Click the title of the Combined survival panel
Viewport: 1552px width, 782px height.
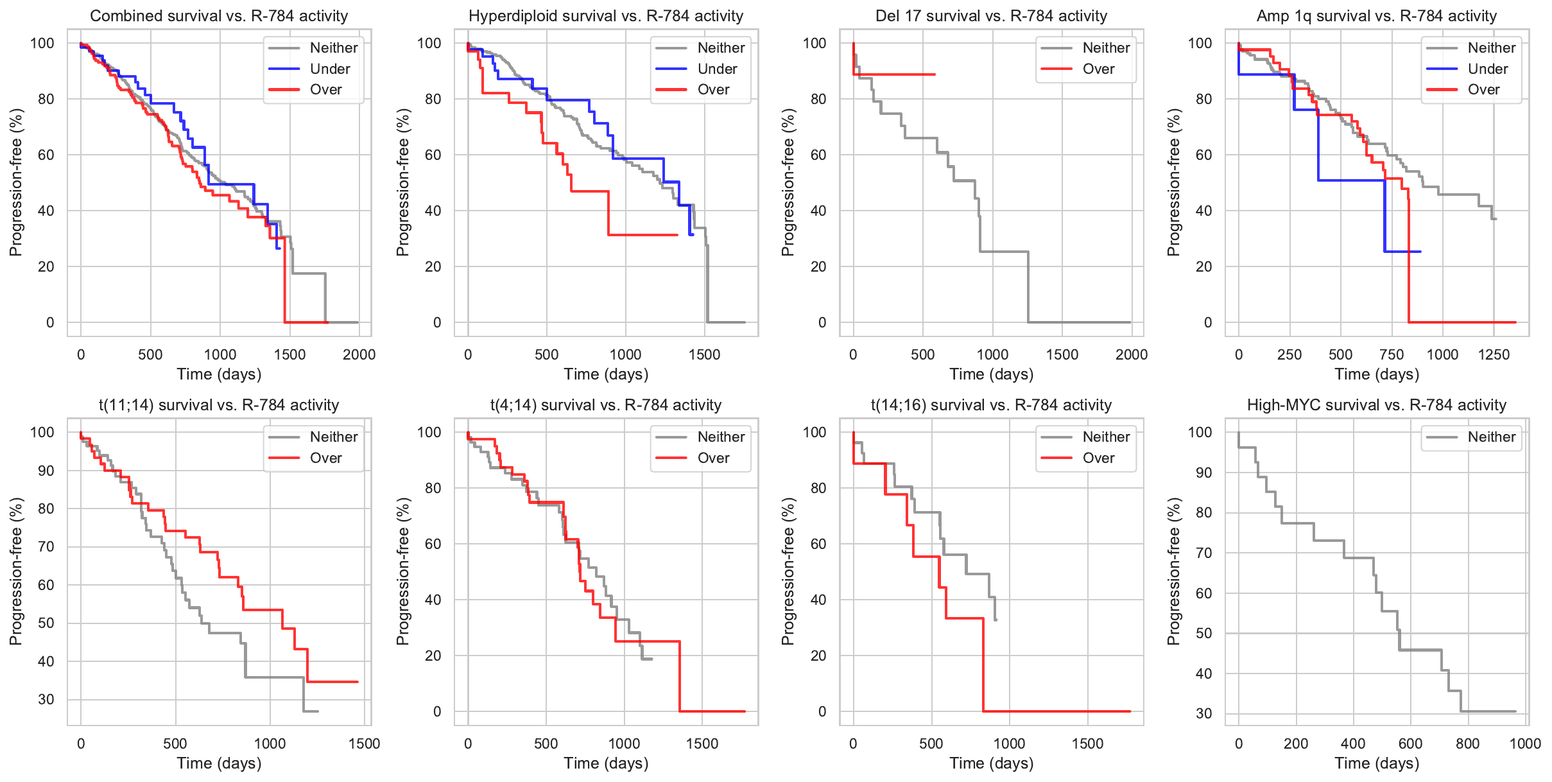pyautogui.click(x=219, y=16)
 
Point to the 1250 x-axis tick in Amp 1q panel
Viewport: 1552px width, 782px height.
pyautogui.click(x=1494, y=354)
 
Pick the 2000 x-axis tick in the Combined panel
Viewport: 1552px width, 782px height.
pyautogui.click(x=359, y=354)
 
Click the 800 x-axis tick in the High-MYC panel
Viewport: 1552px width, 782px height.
pyautogui.click(x=1467, y=743)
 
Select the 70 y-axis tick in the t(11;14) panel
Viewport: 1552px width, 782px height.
pyautogui.click(x=46, y=547)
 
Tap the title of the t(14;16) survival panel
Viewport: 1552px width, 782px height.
pyautogui.click(x=991, y=405)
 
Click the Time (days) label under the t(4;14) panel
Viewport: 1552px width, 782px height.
pyautogui.click(x=606, y=763)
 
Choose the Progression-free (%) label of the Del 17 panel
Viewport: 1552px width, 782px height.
pyautogui.click(x=788, y=182)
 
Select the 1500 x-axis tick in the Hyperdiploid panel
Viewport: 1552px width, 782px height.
pyautogui.click(x=704, y=354)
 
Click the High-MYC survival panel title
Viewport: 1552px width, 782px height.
pyautogui.click(x=1376, y=405)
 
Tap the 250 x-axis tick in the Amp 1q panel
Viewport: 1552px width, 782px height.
pyautogui.click(x=1289, y=354)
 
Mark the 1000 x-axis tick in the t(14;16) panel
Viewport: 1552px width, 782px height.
pyautogui.click(x=1009, y=743)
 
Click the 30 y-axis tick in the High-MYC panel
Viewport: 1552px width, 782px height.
pyautogui.click(x=1203, y=713)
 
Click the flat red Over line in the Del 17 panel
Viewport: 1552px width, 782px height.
pyautogui.click(x=899, y=74)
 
